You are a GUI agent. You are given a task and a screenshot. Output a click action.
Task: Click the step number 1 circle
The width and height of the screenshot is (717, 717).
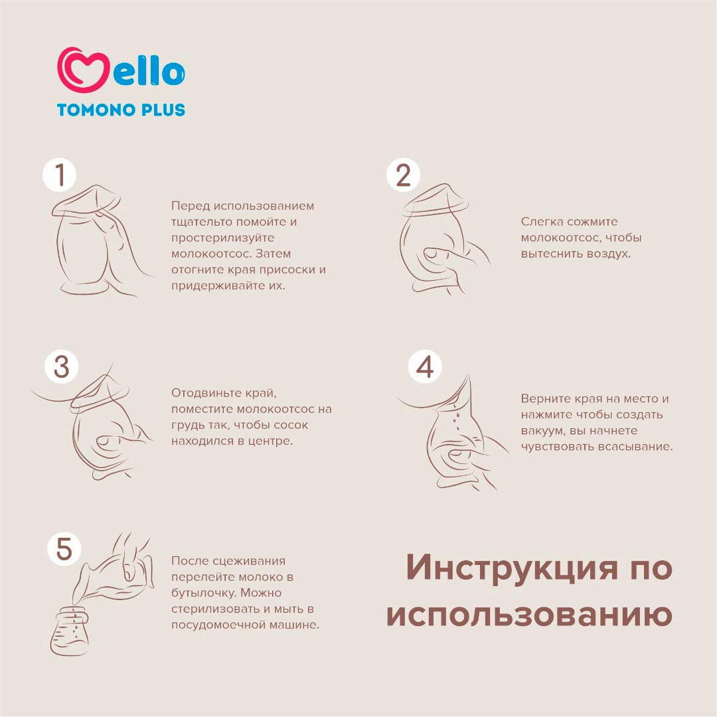coord(60,175)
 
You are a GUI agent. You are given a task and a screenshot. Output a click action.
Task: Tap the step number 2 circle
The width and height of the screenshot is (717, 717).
coord(403,175)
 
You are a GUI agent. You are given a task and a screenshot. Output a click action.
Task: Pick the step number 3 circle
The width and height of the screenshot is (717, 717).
coord(61,366)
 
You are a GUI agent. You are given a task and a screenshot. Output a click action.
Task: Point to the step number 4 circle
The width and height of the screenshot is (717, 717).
coord(425,366)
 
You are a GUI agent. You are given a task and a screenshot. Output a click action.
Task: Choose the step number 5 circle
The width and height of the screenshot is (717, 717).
coord(64,549)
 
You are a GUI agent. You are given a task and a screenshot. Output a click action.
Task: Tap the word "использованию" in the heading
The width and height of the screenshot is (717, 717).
coord(530,615)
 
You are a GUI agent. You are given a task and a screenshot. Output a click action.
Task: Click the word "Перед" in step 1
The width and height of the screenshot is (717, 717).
coord(191,206)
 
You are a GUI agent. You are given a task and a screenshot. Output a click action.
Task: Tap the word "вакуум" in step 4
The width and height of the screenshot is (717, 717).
coord(542,432)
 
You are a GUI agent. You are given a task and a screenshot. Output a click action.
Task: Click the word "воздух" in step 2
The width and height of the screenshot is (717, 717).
coord(609,254)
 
